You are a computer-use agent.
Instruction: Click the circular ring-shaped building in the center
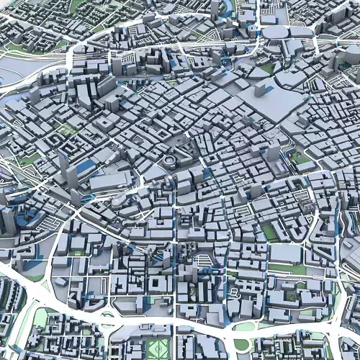169,159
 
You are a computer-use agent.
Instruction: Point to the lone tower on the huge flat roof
260,91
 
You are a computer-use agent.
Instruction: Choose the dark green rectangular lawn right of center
271,232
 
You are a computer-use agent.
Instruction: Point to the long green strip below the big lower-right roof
288,269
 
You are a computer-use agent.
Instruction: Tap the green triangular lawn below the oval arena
268,68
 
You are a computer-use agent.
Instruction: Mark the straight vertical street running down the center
175,238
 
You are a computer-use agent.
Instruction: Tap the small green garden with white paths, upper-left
67,130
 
